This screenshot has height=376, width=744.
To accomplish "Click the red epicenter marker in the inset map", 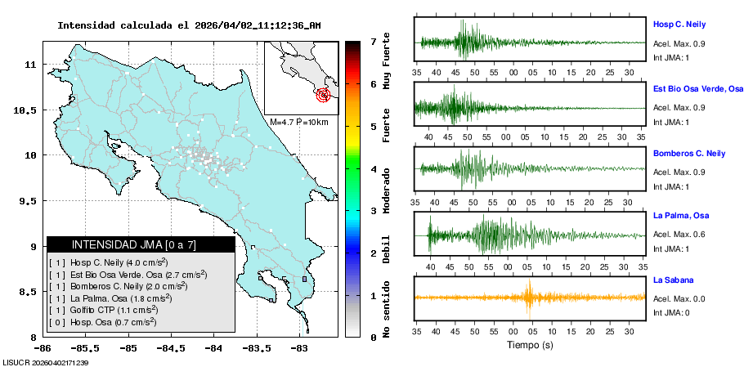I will [x=325, y=94].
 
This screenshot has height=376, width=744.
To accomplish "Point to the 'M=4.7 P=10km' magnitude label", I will [x=298, y=122].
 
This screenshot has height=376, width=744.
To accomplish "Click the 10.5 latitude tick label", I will [x=31, y=110].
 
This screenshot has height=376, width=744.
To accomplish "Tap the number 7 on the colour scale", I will [x=373, y=42].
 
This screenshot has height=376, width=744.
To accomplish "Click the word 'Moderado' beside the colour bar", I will [x=386, y=190].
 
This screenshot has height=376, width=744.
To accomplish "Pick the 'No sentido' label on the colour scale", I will [x=386, y=309].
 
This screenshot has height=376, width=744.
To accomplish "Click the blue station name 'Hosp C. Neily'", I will [x=679, y=25].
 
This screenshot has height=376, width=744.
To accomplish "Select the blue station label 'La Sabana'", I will [x=673, y=280].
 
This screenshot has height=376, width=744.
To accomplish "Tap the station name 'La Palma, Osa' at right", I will [x=679, y=216].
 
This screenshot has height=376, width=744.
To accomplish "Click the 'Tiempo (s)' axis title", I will [x=530, y=345].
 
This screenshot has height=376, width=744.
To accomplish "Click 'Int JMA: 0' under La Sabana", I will [x=672, y=313].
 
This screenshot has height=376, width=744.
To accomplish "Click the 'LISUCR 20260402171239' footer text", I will [x=46, y=362].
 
